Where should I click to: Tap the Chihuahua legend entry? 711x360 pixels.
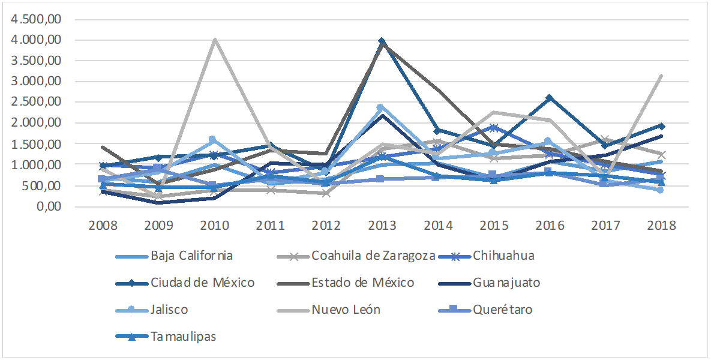click(503, 256)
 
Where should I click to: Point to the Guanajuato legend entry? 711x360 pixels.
click(506, 283)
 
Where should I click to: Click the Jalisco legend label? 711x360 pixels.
click(169, 310)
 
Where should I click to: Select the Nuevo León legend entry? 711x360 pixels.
click(346, 310)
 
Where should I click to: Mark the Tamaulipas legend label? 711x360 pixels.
click(183, 337)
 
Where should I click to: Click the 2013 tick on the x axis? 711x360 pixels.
click(382, 226)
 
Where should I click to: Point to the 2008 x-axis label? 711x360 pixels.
click(103, 226)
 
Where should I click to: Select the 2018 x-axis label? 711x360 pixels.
click(661, 226)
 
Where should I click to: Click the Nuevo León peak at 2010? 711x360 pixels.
click(215, 40)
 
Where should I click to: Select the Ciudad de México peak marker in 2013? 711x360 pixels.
click(382, 41)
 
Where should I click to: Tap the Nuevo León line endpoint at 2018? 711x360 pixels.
click(661, 76)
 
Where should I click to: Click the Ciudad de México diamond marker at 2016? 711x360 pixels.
click(549, 98)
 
